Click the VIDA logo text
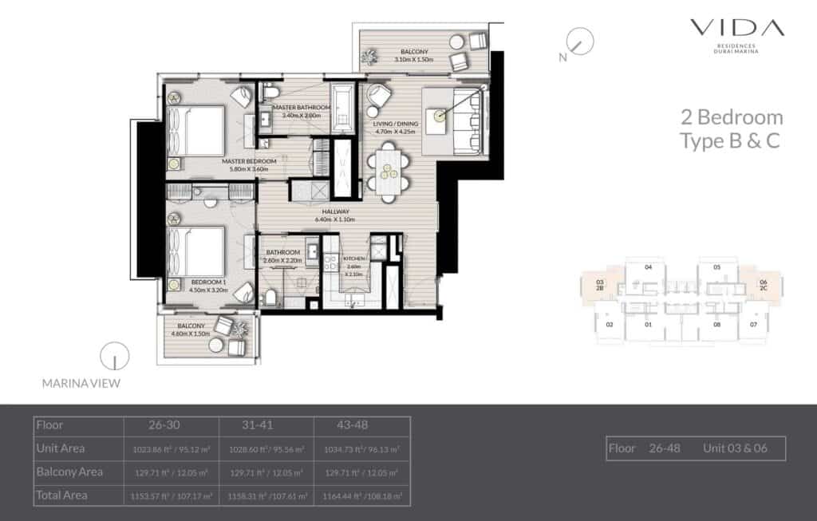[737, 28]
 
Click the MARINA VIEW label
[81, 384]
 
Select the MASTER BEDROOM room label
[249, 161]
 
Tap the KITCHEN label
[353, 259]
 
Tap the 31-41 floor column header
[259, 425]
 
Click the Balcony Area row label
[69, 472]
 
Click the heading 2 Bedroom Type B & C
[730, 129]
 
